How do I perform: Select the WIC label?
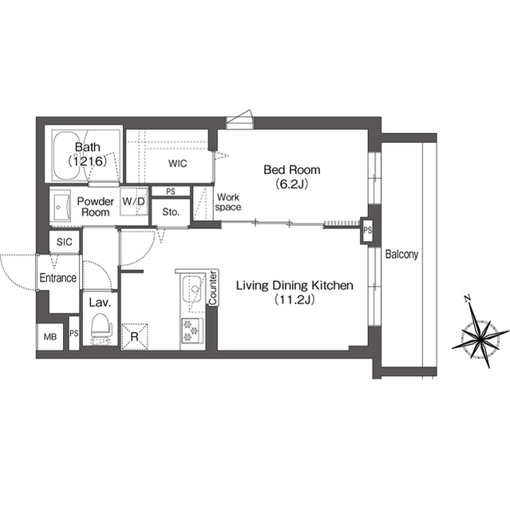coord(177,164)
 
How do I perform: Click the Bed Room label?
coord(292,176)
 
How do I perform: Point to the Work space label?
coord(228,202)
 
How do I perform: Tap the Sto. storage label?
coord(169,212)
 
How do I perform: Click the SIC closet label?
coord(64,241)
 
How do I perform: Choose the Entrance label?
coord(58,278)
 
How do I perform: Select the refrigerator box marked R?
coord(133,336)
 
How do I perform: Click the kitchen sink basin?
coord(192,288)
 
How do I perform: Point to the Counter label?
coord(213,289)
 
